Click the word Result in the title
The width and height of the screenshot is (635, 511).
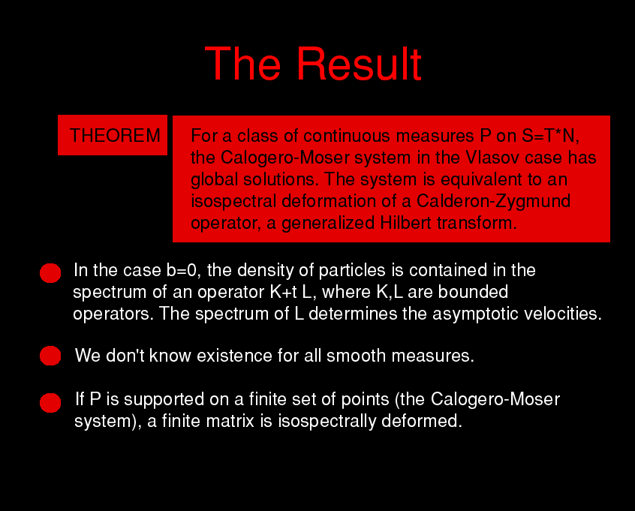pos(360,64)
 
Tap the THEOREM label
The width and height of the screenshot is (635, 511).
pos(115,135)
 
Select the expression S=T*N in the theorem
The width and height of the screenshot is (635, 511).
pos(551,136)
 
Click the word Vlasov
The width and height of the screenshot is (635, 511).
pos(492,158)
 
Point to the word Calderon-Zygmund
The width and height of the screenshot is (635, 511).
pos(493,201)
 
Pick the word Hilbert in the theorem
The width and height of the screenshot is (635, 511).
pos(406,223)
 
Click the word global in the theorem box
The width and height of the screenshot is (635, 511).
pos(214,179)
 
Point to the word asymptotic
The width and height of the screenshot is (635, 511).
pos(475,314)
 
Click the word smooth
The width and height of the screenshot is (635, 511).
pos(357,356)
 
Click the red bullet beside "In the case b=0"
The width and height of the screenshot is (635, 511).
pos(50,273)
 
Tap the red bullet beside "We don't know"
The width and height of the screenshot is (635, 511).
pos(50,356)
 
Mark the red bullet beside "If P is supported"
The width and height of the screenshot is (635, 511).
pos(50,403)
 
